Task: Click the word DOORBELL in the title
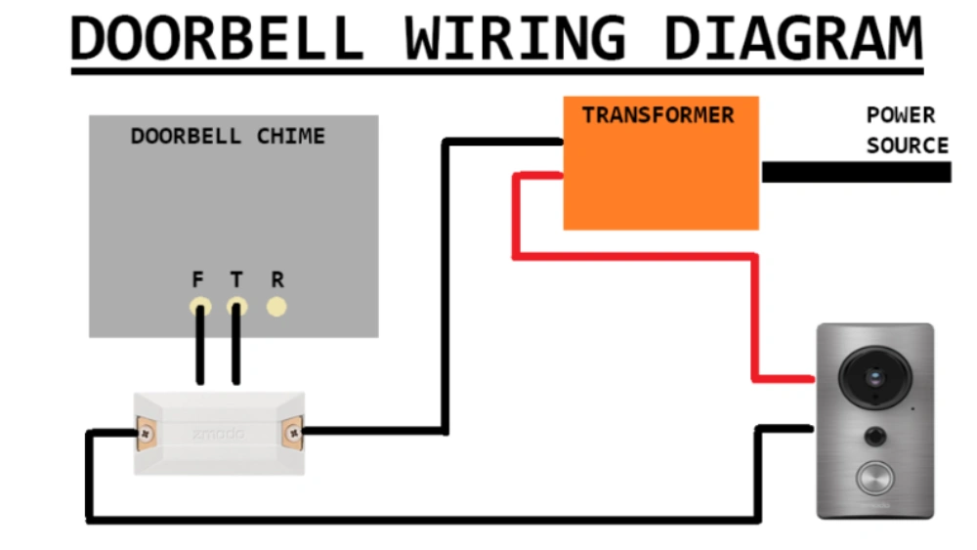(216, 39)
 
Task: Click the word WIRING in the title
(514, 39)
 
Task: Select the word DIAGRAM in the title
(791, 39)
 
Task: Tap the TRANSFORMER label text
(658, 115)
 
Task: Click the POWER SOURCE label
(907, 131)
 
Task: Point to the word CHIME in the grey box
(290, 137)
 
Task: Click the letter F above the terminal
(198, 280)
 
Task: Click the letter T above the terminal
(236, 280)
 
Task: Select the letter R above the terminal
(277, 280)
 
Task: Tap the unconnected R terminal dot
(277, 307)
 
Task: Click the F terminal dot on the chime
(199, 307)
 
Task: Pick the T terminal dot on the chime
(236, 307)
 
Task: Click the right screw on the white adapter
(291, 431)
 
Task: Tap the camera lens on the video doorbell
(874, 376)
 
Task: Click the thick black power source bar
(856, 172)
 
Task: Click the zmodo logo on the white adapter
(218, 433)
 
